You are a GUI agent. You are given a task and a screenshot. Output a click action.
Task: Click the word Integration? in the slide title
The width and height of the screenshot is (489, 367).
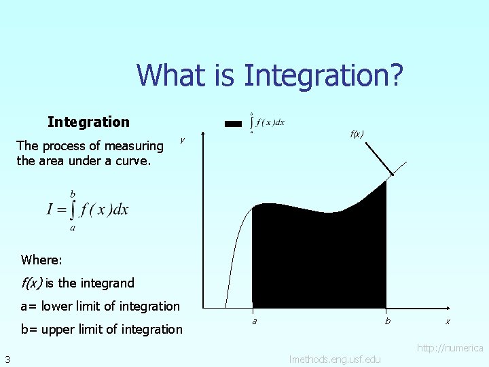coord(323,75)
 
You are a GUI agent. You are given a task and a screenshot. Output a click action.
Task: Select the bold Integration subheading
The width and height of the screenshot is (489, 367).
coord(88,122)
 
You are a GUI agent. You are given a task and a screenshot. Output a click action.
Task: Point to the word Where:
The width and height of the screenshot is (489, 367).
coord(41,260)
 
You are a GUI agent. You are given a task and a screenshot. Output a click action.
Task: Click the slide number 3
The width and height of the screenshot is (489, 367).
coord(6,359)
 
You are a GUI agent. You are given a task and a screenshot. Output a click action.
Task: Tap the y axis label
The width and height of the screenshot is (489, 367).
coord(182,140)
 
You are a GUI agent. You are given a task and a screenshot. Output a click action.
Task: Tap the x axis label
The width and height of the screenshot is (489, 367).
coord(448,321)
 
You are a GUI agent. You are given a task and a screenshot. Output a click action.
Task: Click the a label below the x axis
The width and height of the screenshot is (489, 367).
coord(254,321)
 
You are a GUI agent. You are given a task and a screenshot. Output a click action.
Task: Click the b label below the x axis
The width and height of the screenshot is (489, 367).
coord(387,321)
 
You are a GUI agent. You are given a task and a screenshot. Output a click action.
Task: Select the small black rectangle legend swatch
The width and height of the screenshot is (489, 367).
coord(234,124)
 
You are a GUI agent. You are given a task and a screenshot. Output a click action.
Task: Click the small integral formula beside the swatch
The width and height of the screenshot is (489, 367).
coord(267,122)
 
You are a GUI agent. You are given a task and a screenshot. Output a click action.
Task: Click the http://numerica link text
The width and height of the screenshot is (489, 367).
coord(450,348)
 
